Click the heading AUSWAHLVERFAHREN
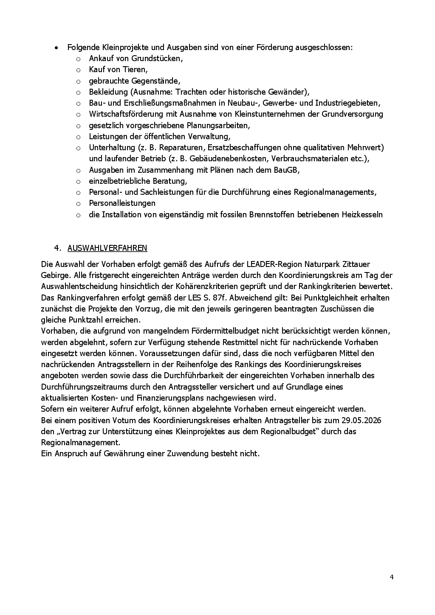tap(107, 248)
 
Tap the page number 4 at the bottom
tap(391, 577)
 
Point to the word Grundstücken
tap(157, 58)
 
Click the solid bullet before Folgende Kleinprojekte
tap(56, 48)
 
